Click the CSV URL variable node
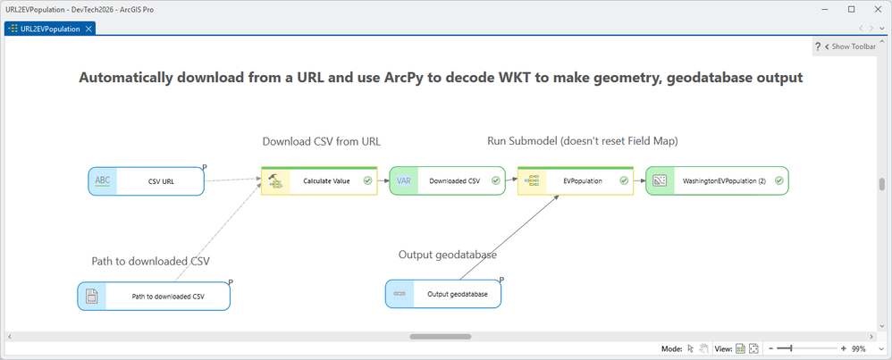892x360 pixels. click(x=147, y=181)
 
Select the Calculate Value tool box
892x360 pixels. click(x=319, y=180)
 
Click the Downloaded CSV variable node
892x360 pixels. click(x=447, y=180)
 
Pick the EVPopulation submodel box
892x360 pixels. click(x=575, y=180)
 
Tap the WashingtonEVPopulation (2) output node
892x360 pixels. click(x=718, y=180)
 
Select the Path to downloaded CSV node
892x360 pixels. click(x=154, y=297)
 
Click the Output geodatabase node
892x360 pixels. click(x=443, y=294)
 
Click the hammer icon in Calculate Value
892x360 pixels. click(x=275, y=181)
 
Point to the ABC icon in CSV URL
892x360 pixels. click(x=103, y=180)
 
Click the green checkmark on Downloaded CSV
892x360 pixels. click(x=495, y=180)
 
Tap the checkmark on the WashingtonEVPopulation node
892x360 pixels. click(x=779, y=180)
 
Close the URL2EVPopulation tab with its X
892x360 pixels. click(x=88, y=29)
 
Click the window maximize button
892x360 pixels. click(x=852, y=9)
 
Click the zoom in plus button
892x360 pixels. click(x=844, y=348)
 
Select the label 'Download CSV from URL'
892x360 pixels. click(x=322, y=142)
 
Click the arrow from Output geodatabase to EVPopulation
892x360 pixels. click(x=508, y=238)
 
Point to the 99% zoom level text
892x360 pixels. click(x=859, y=348)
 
